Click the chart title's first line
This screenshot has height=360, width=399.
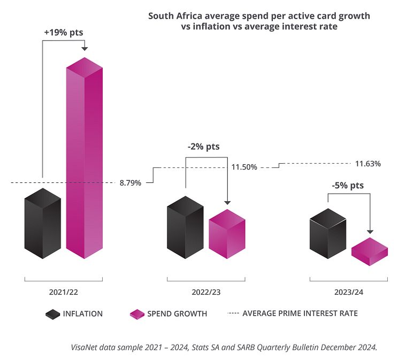pyautogui.click(x=259, y=16)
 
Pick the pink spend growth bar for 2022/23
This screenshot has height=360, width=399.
pyautogui.click(x=227, y=234)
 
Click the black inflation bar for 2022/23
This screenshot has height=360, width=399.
pyautogui.click(x=185, y=228)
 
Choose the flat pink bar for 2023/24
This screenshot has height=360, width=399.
pyautogui.click(x=369, y=251)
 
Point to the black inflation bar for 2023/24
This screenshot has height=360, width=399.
pyautogui.click(x=328, y=234)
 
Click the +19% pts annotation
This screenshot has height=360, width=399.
pyautogui.click(x=63, y=33)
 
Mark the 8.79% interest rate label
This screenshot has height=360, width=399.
pyautogui.click(x=131, y=183)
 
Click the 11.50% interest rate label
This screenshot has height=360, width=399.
pyautogui.click(x=244, y=167)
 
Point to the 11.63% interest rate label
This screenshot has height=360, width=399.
pyautogui.click(x=368, y=164)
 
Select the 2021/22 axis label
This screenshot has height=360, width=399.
pyautogui.click(x=63, y=293)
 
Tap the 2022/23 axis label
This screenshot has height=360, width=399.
pyautogui.click(x=206, y=293)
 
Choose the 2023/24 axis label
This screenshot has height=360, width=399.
pyautogui.click(x=349, y=293)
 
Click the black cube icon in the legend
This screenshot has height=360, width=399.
pyautogui.click(x=52, y=314)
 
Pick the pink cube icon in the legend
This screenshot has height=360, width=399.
pyautogui.click(x=137, y=314)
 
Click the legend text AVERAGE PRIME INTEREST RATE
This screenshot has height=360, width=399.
pyautogui.click(x=300, y=313)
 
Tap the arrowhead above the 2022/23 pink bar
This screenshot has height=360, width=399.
pyautogui.click(x=227, y=203)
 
